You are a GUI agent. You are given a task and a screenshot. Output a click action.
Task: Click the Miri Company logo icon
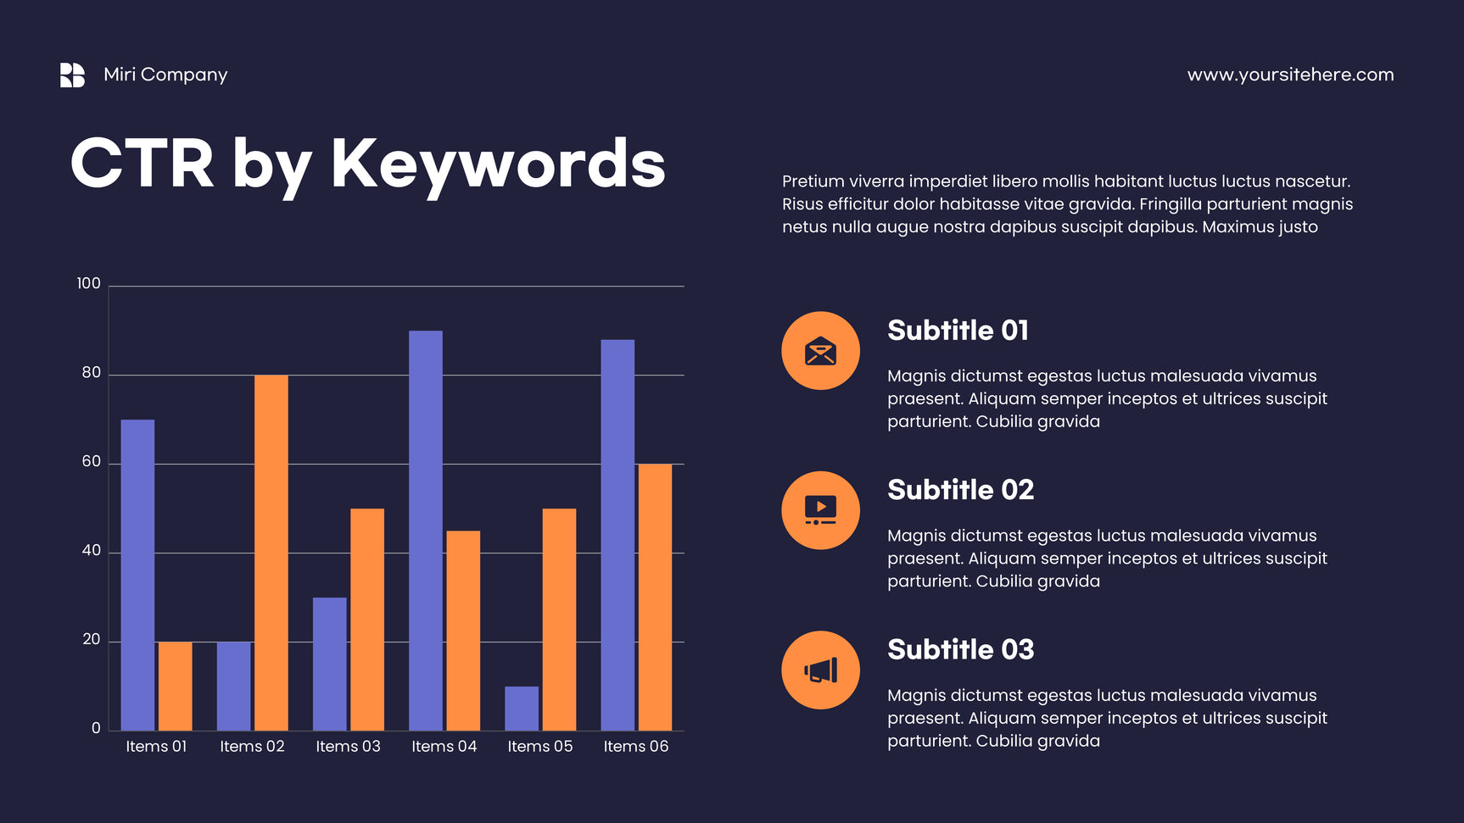pos(72,75)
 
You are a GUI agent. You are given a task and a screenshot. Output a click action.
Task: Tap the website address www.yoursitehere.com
pos(1290,75)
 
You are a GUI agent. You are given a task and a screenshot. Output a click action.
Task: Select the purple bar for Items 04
pos(426,531)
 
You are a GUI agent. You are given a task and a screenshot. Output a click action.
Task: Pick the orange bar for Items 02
pos(271,553)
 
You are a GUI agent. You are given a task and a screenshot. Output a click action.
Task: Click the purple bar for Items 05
pos(522,709)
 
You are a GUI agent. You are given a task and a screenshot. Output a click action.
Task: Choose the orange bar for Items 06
pos(655,597)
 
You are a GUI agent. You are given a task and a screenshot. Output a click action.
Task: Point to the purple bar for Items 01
pos(137,575)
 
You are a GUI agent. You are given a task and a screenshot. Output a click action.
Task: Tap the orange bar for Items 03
pos(367,620)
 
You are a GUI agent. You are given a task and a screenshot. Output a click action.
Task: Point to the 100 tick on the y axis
pos(88,283)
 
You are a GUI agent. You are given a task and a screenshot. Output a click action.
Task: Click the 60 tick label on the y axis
pos(91,461)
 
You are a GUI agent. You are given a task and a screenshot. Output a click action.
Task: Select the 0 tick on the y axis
pos(96,728)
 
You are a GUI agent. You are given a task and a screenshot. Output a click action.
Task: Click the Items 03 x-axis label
pos(348,746)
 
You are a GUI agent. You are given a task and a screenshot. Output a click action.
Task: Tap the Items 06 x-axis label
pos(636,746)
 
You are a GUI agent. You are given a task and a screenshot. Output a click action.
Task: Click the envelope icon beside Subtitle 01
pos(820,351)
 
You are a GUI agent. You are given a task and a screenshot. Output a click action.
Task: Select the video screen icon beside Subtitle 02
pos(820,510)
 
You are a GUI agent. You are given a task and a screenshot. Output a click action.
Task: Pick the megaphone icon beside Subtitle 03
pos(820,670)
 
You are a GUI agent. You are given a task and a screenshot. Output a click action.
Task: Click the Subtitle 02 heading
pos(960,490)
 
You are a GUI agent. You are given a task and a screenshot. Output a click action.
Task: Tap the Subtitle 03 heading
pos(960,649)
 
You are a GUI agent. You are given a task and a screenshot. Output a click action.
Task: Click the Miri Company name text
pos(165,75)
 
